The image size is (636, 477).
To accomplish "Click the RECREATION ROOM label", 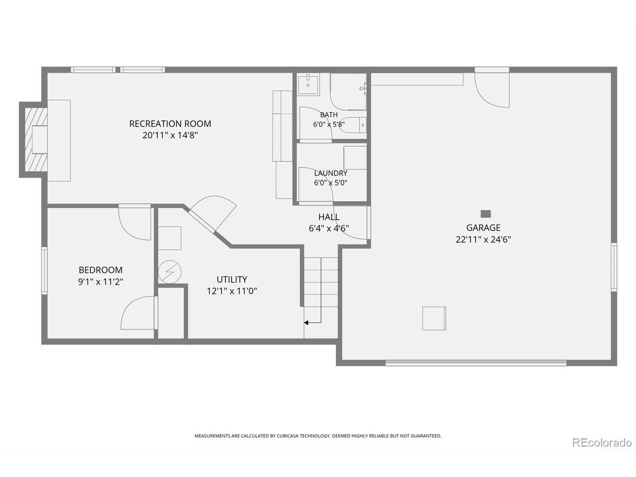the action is click(x=170, y=124).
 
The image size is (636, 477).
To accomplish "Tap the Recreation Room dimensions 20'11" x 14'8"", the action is click(x=170, y=135).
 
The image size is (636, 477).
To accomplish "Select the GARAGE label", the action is click(x=483, y=228).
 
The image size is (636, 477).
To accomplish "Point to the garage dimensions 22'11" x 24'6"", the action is click(x=483, y=239).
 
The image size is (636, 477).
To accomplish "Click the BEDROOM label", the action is click(x=100, y=270).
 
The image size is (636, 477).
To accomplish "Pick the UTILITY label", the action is click(x=232, y=279).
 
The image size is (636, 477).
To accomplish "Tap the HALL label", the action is click(x=329, y=217).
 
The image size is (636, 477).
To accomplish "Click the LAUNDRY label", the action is click(x=330, y=173).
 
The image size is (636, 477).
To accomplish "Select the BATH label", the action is click(x=329, y=115).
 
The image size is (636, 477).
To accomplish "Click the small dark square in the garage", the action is click(x=486, y=214).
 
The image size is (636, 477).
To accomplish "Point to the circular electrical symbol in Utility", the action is click(x=170, y=272).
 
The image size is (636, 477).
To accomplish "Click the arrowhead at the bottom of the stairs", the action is click(x=306, y=322).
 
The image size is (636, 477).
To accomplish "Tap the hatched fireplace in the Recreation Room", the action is click(x=36, y=140).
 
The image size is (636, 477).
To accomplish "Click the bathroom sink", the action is click(x=308, y=84).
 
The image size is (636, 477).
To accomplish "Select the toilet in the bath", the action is click(x=353, y=125).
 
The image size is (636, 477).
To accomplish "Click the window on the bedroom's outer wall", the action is click(x=44, y=270).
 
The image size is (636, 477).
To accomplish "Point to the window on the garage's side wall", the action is click(x=614, y=267).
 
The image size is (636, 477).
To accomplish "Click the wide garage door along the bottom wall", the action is click(x=476, y=362).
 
